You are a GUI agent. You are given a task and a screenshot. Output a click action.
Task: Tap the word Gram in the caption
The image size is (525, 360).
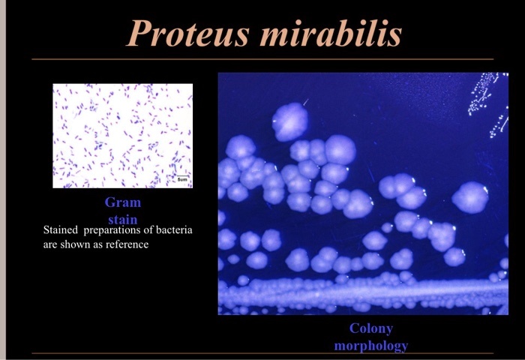pyautogui.click(x=123, y=202)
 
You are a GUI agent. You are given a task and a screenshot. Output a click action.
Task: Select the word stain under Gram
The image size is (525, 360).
pyautogui.click(x=123, y=220)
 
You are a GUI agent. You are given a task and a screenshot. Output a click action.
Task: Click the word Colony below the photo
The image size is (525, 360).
pyautogui.click(x=371, y=328)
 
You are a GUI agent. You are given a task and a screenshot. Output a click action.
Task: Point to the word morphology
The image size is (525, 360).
pyautogui.click(x=371, y=346)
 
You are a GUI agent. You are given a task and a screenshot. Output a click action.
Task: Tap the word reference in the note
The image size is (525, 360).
pyautogui.click(x=127, y=244)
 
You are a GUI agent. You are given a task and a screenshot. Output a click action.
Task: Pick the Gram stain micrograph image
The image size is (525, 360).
pyautogui.click(x=122, y=135)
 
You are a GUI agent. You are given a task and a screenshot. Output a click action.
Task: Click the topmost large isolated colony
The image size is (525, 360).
pyautogui.click(x=289, y=121)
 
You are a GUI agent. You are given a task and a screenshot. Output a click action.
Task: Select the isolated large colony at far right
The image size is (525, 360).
pyautogui.click(x=470, y=197)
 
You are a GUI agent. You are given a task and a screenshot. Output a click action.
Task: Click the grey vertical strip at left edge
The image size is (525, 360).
pyautogui.click(x=2, y=180)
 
